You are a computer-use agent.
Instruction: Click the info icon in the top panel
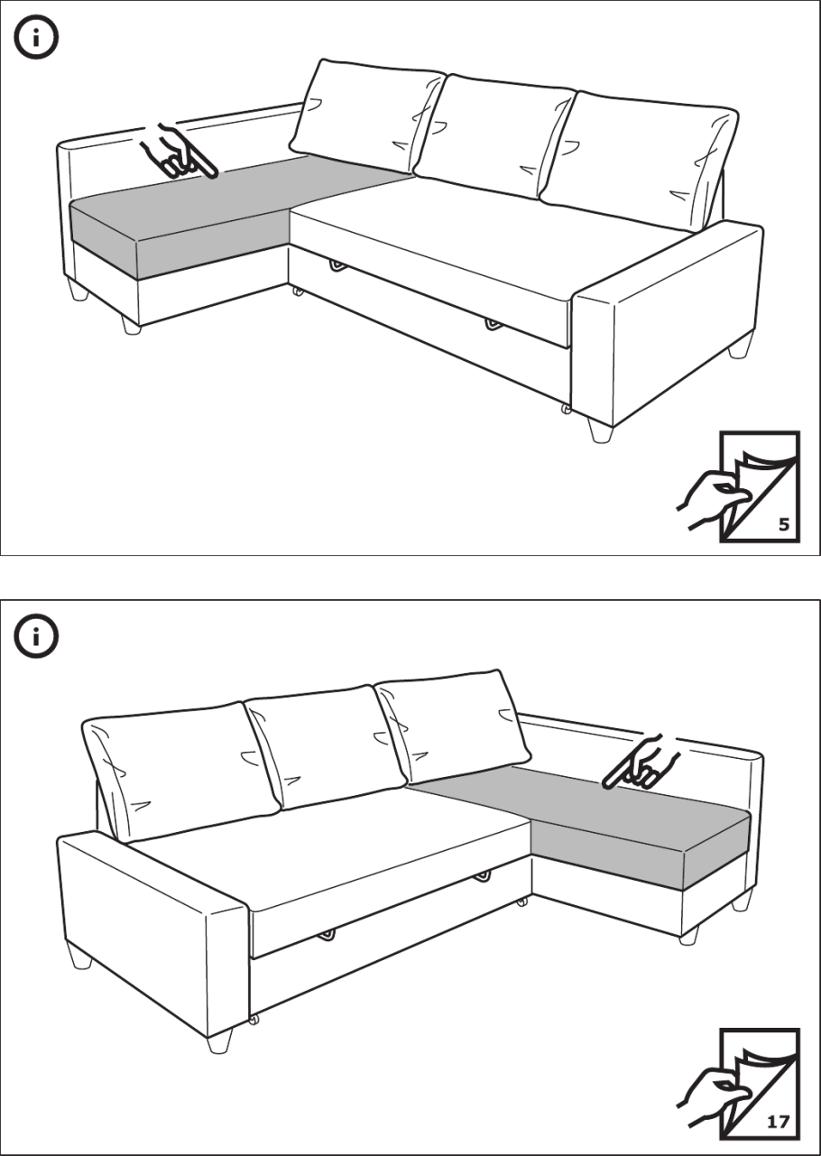pyautogui.click(x=35, y=37)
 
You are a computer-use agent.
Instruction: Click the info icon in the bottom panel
pyautogui.click(x=35, y=636)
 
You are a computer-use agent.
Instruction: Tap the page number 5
pyautogui.click(x=784, y=525)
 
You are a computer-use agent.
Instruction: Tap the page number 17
pyautogui.click(x=779, y=1122)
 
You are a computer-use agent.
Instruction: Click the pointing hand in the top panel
pyautogui.click(x=180, y=153)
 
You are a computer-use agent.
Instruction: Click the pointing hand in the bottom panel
pyautogui.click(x=640, y=763)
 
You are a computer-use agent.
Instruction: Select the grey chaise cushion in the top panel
pyautogui.click(x=217, y=217)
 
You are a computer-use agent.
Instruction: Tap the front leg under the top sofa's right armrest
pyautogui.click(x=601, y=430)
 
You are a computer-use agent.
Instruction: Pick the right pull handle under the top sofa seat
pyautogui.click(x=494, y=325)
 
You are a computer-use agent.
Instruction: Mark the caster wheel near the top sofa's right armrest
pyautogui.click(x=566, y=411)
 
